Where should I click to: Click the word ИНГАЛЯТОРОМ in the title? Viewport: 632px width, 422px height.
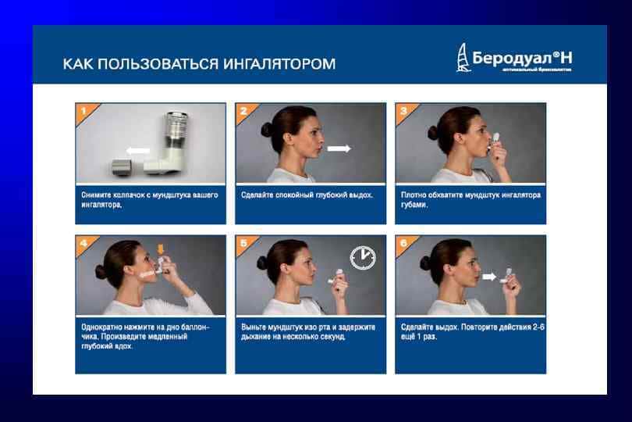[279, 63]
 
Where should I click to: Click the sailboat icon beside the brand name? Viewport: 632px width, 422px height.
[463, 58]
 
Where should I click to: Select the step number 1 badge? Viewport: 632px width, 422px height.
[82, 110]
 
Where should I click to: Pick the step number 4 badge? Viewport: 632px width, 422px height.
[82, 242]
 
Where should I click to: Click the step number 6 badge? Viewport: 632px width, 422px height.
[403, 242]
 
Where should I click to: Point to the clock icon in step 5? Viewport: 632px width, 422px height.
[362, 257]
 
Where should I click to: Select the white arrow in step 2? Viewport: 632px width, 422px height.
[339, 148]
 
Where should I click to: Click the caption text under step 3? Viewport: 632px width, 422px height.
[470, 199]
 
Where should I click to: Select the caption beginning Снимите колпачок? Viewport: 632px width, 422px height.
[150, 199]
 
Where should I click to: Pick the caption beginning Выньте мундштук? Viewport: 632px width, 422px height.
[310, 331]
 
